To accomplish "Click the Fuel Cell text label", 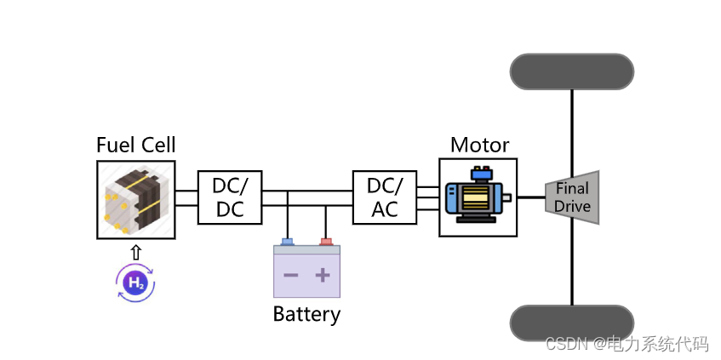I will (x=135, y=145).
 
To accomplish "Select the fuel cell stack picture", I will (x=136, y=199).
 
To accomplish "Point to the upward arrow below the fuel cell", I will (x=135, y=252).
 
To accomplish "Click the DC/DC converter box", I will (x=230, y=197).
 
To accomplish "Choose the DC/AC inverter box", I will (x=385, y=197).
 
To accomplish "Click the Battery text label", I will (x=306, y=314).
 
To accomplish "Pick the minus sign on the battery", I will (x=290, y=275).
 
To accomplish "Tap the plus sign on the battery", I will (x=323, y=275).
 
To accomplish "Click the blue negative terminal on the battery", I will (x=288, y=242).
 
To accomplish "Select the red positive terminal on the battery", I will (x=325, y=242).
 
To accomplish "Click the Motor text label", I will (x=479, y=145).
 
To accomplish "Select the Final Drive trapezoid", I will (x=573, y=197).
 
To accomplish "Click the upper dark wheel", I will (x=571, y=71).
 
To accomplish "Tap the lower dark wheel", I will (x=571, y=323).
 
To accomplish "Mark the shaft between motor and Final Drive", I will (x=531, y=197).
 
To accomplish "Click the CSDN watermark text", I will (x=627, y=344).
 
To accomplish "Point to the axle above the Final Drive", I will (x=572, y=128).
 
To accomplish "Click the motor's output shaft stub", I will (x=507, y=197).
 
